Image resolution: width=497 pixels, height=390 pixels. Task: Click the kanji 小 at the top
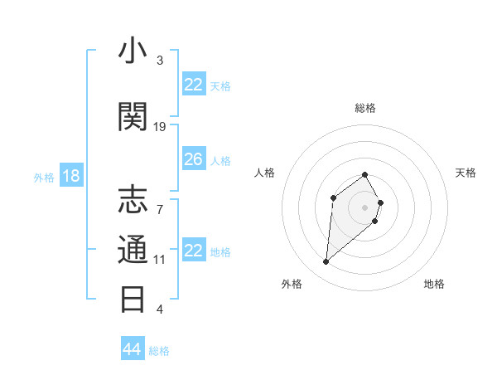[133, 51]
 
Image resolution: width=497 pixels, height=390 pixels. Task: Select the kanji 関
[133, 117]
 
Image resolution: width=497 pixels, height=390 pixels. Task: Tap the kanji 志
[133, 200]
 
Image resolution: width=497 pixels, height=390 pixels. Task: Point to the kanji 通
[133, 249]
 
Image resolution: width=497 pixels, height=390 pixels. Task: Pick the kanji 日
[133, 298]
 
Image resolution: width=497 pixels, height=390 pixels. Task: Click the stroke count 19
[160, 126]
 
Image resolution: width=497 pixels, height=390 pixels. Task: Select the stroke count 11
[160, 259]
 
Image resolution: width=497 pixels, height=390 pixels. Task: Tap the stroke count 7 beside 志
[160, 200]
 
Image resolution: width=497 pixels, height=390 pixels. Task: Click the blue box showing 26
[194, 159]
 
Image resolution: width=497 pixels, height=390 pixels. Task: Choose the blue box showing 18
[70, 176]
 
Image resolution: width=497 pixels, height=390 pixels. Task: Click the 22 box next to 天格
[194, 85]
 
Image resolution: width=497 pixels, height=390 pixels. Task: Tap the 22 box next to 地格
[194, 251]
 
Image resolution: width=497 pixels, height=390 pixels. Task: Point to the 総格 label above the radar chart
[365, 108]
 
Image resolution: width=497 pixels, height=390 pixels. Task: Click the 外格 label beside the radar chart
[292, 284]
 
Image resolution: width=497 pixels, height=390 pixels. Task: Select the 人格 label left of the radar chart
[265, 173]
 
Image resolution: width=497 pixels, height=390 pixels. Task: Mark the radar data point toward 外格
[326, 262]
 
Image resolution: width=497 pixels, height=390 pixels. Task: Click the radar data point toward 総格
[365, 174]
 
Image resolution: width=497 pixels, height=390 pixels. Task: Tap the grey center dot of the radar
[365, 207]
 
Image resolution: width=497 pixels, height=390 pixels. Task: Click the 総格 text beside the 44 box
[159, 351]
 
